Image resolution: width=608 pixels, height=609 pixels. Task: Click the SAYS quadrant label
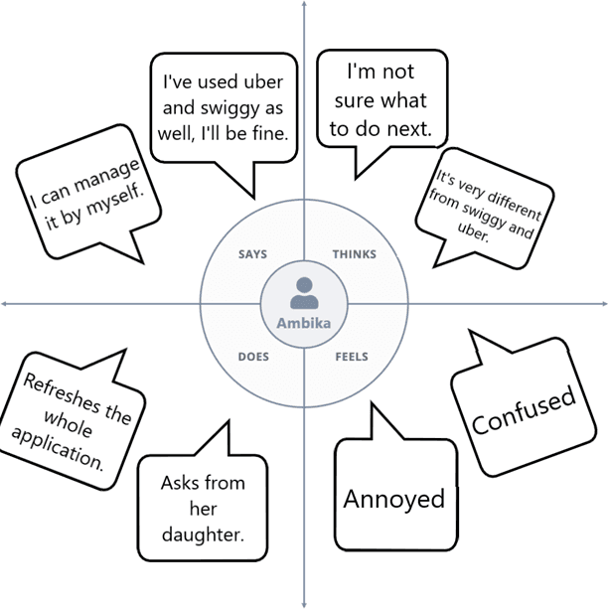[252, 254]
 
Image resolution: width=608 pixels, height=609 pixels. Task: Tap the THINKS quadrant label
[355, 254]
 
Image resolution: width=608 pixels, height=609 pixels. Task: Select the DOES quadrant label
[253, 356]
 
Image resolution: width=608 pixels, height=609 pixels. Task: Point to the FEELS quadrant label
[352, 356]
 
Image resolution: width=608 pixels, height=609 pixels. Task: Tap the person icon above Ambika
[303, 292]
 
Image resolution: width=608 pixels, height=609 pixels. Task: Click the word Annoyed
[393, 498]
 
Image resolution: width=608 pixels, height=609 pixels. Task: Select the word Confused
[524, 409]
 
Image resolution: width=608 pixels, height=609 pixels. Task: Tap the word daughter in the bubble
[203, 534]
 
